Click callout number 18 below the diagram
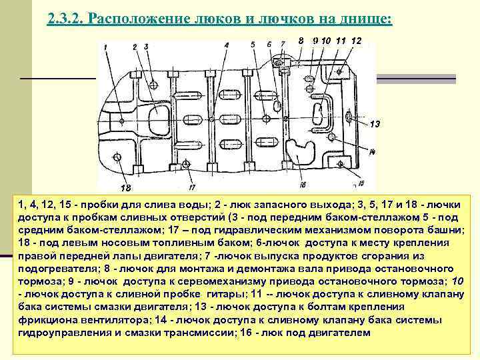(x=125, y=187)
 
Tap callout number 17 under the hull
(x=191, y=185)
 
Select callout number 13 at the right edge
(x=374, y=124)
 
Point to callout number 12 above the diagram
(x=356, y=41)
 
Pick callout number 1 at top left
(x=106, y=46)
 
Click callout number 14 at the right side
(x=371, y=153)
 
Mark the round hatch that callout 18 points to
(x=118, y=157)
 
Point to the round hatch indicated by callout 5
(x=266, y=119)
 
